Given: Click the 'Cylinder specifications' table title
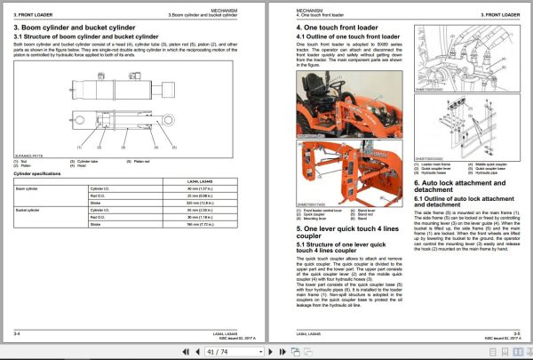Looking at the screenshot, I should coord(36,173).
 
